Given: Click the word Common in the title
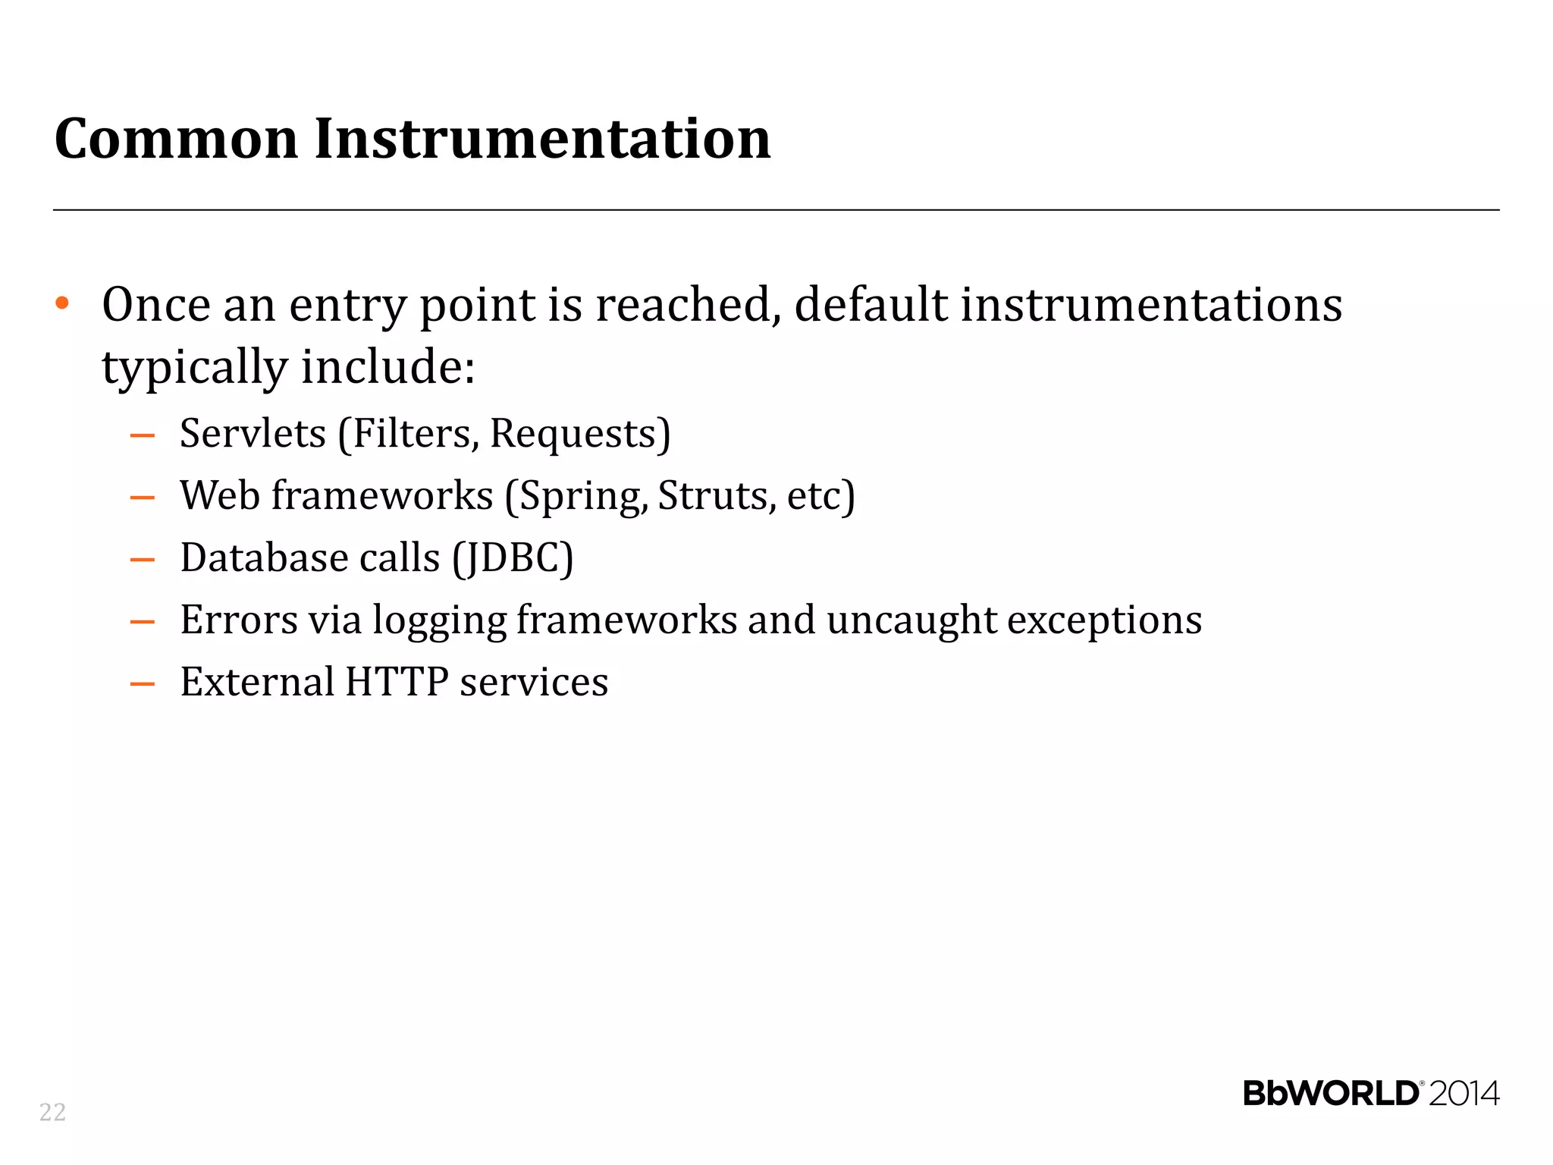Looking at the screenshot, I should coord(176,139).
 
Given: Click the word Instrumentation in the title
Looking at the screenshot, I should coord(542,139).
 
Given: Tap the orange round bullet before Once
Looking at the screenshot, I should coord(62,303).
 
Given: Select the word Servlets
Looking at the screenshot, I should coord(253,434).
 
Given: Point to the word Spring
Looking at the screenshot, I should coord(582,498).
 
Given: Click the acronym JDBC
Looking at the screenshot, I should coord(513,558).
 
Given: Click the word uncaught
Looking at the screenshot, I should coord(911,620).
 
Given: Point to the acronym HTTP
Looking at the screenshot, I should coord(396,682).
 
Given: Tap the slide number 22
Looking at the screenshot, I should coord(52,1112).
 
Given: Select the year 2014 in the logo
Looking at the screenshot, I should coord(1464,1094).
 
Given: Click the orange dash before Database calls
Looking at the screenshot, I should coord(143,561).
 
